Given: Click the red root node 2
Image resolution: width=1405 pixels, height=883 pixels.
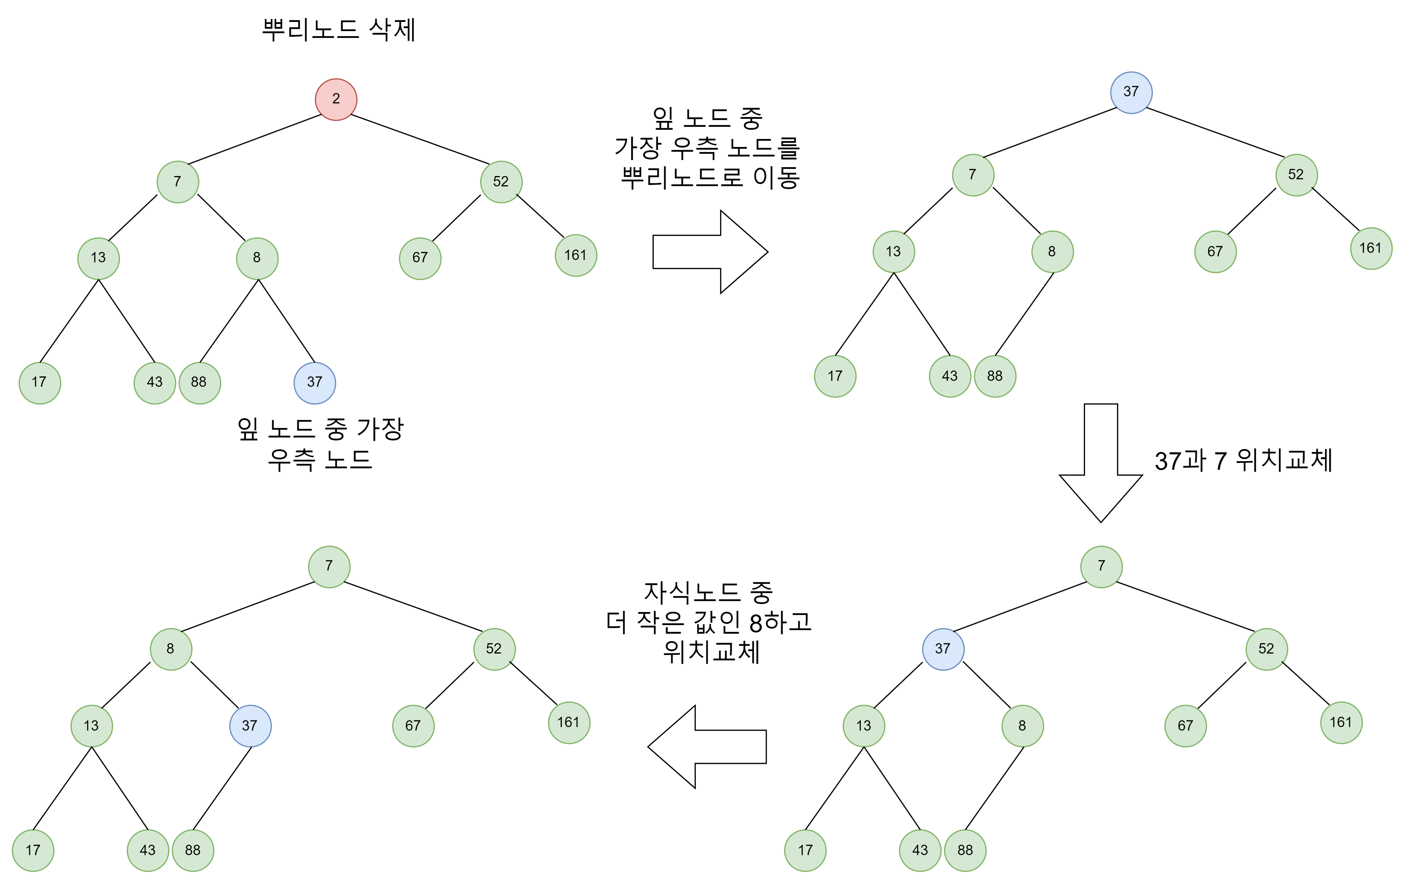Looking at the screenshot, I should [x=336, y=99].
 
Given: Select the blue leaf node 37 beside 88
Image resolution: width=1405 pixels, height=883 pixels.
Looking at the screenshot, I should [x=315, y=383].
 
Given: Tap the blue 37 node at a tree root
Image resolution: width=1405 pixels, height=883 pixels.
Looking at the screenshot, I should [x=1131, y=92].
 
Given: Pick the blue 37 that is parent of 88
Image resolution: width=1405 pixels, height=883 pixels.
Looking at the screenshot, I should [x=250, y=726].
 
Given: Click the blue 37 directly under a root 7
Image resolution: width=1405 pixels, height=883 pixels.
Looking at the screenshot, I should [x=943, y=649].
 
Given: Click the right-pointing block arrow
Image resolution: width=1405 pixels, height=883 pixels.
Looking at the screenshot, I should [x=709, y=251].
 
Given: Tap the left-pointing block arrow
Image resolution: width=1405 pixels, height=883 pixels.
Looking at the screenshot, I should [x=707, y=747].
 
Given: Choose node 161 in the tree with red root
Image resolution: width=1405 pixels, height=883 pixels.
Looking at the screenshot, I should [x=575, y=256].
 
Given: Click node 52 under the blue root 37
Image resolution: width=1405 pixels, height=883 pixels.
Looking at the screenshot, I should [x=1296, y=175].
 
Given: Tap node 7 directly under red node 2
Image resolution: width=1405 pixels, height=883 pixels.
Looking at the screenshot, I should [x=177, y=182].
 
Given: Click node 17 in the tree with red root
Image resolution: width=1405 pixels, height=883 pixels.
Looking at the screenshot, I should [x=40, y=383].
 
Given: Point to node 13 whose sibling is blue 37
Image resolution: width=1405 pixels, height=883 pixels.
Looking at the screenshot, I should [x=92, y=726].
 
